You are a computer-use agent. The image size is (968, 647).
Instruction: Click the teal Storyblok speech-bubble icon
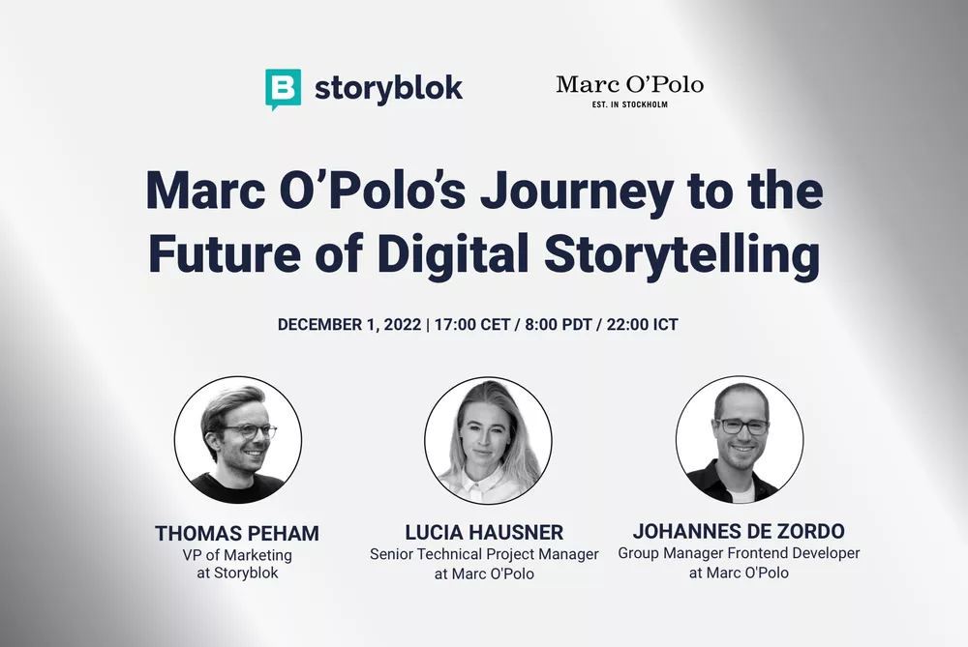283,89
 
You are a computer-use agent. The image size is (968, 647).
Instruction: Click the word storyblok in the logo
388,89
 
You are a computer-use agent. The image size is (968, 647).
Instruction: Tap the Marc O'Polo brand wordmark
629,84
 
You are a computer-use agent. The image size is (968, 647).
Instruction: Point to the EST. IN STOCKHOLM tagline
629,104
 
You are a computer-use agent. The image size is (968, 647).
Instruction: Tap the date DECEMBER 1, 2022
349,325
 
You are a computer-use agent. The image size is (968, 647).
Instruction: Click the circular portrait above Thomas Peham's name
237,439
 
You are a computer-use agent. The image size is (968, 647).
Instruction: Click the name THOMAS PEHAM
238,534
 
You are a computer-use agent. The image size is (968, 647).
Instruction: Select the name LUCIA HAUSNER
484,534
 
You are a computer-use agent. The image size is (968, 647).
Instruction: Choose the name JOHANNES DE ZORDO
739,532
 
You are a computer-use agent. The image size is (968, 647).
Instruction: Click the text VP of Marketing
238,555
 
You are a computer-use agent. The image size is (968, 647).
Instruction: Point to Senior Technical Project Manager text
484,555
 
